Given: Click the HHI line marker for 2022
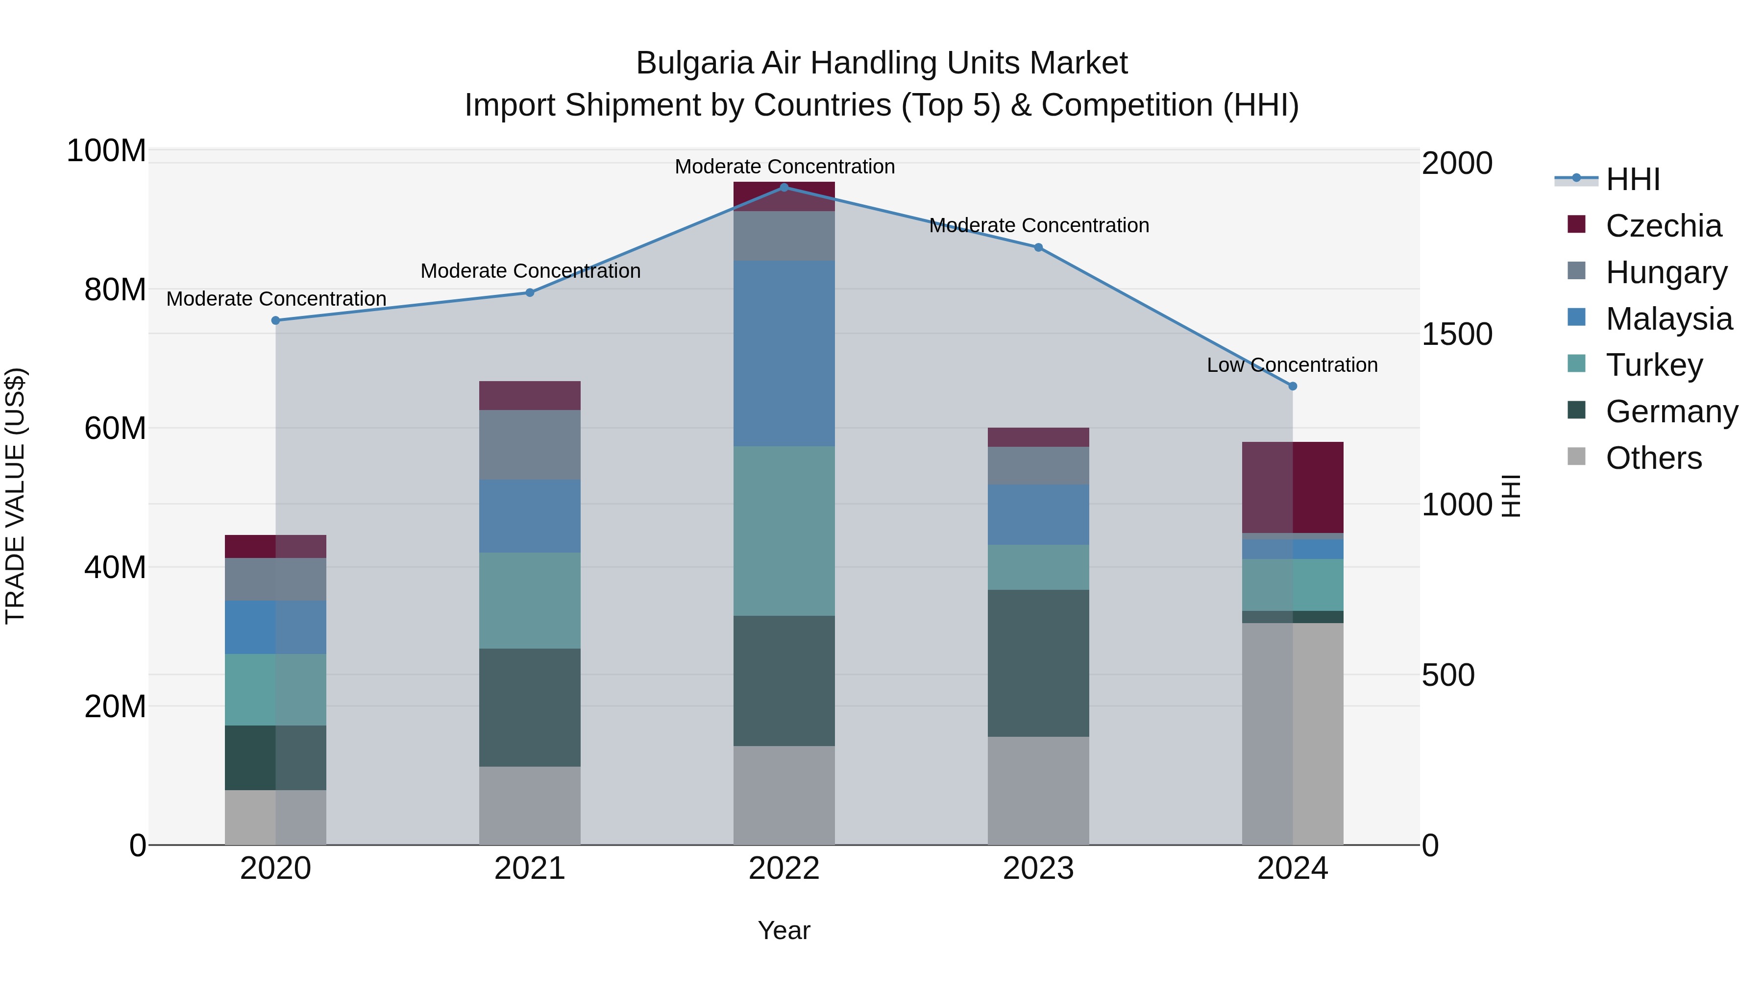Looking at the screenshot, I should pyautogui.click(x=784, y=187).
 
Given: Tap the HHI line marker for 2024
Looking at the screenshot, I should pyautogui.click(x=1292, y=386).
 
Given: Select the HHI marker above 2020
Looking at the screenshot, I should pyautogui.click(x=276, y=320).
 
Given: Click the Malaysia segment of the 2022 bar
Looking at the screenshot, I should pyautogui.click(x=784, y=353).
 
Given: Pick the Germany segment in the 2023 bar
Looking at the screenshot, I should pyautogui.click(x=1038, y=663).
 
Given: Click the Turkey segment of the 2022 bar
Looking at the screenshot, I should pyautogui.click(x=784, y=531).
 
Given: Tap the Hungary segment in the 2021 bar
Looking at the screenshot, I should pyautogui.click(x=529, y=444).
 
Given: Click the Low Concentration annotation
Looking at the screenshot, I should pyautogui.click(x=1292, y=365).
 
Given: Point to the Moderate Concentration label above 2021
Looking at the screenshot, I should pyautogui.click(x=530, y=271).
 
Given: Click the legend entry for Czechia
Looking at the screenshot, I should pyautogui.click(x=1663, y=226).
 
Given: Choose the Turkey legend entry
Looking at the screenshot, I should pyautogui.click(x=1654, y=365).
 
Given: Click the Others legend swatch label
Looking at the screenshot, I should pyautogui.click(x=1653, y=458).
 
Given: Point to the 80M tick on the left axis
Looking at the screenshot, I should pyautogui.click(x=115, y=290).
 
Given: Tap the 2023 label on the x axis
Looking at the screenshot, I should pyautogui.click(x=1038, y=869).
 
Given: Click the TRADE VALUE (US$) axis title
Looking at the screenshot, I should pyautogui.click(x=15, y=496).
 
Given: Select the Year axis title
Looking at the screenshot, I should pyautogui.click(x=784, y=930).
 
